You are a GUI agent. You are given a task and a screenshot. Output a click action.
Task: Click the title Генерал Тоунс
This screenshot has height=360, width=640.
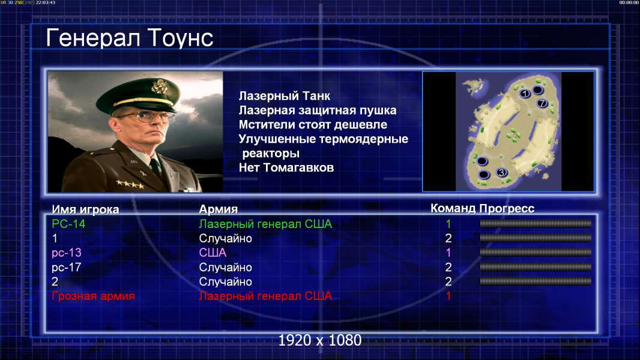point(130,38)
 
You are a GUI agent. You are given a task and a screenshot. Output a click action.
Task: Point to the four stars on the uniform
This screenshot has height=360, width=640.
point(130,184)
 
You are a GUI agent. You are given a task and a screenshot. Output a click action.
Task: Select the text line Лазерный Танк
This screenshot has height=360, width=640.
point(284,96)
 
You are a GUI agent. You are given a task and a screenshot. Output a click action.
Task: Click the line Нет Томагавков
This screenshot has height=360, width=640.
point(286,167)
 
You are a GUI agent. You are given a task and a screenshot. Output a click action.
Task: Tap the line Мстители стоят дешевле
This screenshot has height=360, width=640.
point(313,125)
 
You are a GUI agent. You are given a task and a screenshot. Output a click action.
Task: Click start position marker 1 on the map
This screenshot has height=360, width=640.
point(525,94)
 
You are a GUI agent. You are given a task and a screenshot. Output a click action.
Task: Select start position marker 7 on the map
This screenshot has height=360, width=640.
point(542,103)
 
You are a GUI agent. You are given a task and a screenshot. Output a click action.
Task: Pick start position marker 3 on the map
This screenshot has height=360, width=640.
point(502,172)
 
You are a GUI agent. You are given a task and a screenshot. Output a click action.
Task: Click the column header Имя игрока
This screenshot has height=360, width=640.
point(85,209)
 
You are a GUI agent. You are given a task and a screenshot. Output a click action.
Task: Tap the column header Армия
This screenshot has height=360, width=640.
point(218,209)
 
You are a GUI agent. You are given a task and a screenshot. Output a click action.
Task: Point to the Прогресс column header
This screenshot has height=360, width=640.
point(507,209)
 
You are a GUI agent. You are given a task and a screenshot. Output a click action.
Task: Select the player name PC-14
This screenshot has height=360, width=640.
point(68,224)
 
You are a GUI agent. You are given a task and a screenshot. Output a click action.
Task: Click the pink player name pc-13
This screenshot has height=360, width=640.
point(67,253)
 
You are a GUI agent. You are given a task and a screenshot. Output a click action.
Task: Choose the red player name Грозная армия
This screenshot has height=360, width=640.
point(93,296)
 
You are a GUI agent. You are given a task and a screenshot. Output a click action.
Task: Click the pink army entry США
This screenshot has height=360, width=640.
point(213,253)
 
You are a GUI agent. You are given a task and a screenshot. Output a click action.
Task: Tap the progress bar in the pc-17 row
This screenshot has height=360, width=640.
point(536,267)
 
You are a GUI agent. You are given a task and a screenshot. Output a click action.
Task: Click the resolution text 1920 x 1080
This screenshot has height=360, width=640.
point(320,340)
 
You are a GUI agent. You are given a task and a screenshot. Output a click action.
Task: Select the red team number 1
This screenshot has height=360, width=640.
point(448,296)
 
